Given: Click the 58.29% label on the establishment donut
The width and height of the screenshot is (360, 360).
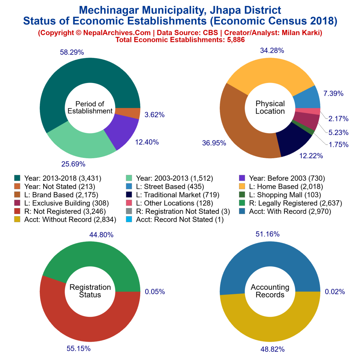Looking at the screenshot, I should coord(72,52).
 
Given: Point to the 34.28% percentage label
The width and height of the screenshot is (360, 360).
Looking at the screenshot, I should coord(272,50).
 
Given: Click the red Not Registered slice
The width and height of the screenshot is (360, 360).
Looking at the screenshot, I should coord(88,323).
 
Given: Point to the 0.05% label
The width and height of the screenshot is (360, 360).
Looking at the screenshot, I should coord(155,291).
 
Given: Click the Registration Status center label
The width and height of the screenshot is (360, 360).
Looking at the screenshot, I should coord(90,291).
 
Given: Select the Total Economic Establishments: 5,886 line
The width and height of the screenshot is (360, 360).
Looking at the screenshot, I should coord(180,40).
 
